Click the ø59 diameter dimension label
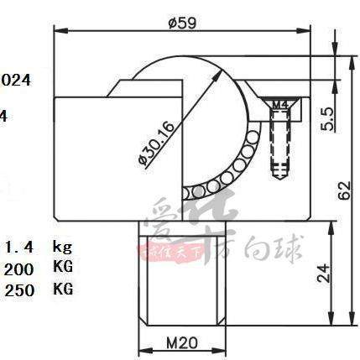[x=182, y=23]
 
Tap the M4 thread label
[x=282, y=104]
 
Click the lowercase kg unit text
[x=62, y=247]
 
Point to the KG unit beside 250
[x=62, y=290]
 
